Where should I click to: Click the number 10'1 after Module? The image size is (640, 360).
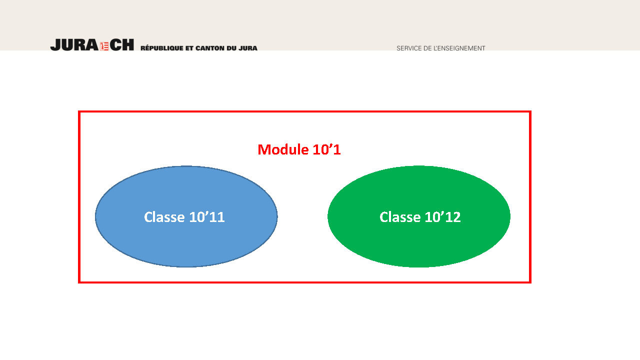click(327, 149)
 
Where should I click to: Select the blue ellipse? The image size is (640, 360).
click(186, 216)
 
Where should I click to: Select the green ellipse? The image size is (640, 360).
click(419, 216)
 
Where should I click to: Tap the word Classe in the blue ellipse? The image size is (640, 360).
click(164, 217)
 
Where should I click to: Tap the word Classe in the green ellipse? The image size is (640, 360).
click(400, 217)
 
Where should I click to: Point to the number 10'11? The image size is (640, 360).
click(207, 217)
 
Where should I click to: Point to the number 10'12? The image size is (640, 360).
click(442, 217)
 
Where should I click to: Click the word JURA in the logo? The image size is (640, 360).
click(74, 45)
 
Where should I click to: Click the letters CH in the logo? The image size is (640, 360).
click(121, 45)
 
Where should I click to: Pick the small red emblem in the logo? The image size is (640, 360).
click(104, 46)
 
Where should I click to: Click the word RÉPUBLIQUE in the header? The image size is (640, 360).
click(161, 48)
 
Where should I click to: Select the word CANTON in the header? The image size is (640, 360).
click(210, 48)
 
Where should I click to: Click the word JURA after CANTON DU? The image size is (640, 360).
click(248, 48)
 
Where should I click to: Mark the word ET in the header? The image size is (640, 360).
click(189, 48)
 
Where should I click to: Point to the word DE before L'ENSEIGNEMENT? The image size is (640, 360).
click(427, 48)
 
